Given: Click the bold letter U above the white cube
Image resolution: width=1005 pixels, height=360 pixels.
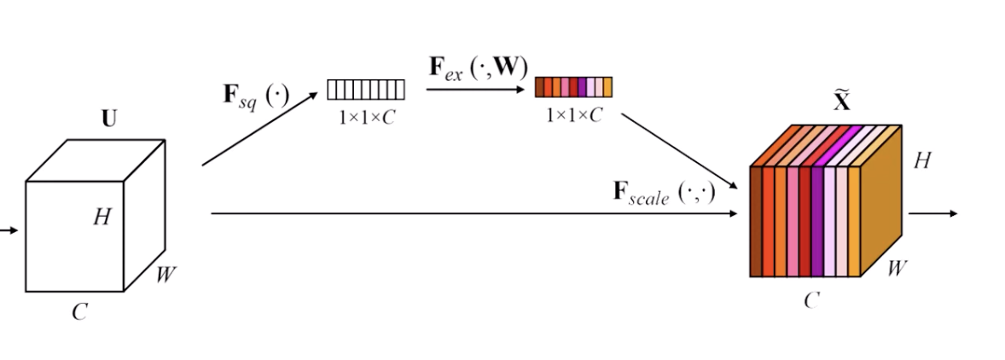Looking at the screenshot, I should (x=109, y=119).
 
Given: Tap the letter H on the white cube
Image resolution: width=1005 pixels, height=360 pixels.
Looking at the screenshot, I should (x=102, y=218).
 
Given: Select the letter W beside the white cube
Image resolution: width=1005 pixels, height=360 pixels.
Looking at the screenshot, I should (x=168, y=275).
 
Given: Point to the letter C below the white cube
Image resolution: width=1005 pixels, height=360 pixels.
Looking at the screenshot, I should (x=79, y=312).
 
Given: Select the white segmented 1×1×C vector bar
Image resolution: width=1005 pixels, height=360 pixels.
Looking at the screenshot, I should (x=366, y=89).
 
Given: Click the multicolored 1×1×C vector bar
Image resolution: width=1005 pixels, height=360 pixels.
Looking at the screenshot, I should (x=573, y=87).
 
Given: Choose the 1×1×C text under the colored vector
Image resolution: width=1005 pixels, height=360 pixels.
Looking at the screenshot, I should (x=574, y=115).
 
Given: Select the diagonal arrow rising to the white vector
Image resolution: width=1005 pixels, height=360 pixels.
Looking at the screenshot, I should (x=259, y=129).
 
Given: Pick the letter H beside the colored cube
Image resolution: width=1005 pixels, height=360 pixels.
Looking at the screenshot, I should (x=921, y=160).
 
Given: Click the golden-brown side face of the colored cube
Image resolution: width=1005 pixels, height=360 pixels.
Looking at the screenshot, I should (x=880, y=200).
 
